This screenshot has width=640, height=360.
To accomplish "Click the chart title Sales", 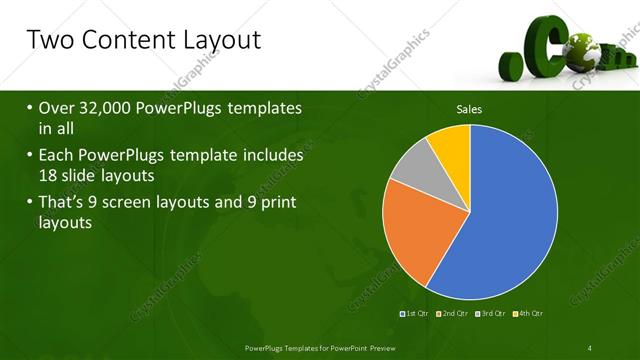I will point(469,107).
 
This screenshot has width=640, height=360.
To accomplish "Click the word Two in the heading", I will point(48,40).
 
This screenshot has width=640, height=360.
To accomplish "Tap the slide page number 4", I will point(590,347).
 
